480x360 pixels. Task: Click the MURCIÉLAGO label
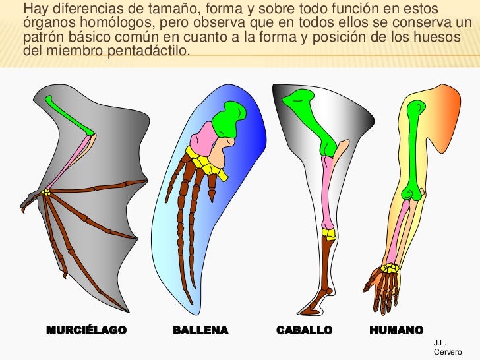(86, 330)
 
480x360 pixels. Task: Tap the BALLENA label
(200, 330)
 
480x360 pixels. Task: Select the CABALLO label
(304, 330)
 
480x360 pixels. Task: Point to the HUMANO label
(396, 330)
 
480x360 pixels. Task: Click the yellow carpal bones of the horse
(328, 233)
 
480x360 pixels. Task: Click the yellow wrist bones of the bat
(46, 193)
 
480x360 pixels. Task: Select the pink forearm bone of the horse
(327, 191)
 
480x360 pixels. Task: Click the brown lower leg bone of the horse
(326, 270)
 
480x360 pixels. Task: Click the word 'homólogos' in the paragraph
(99, 24)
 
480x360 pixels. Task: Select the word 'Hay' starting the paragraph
(34, 10)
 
